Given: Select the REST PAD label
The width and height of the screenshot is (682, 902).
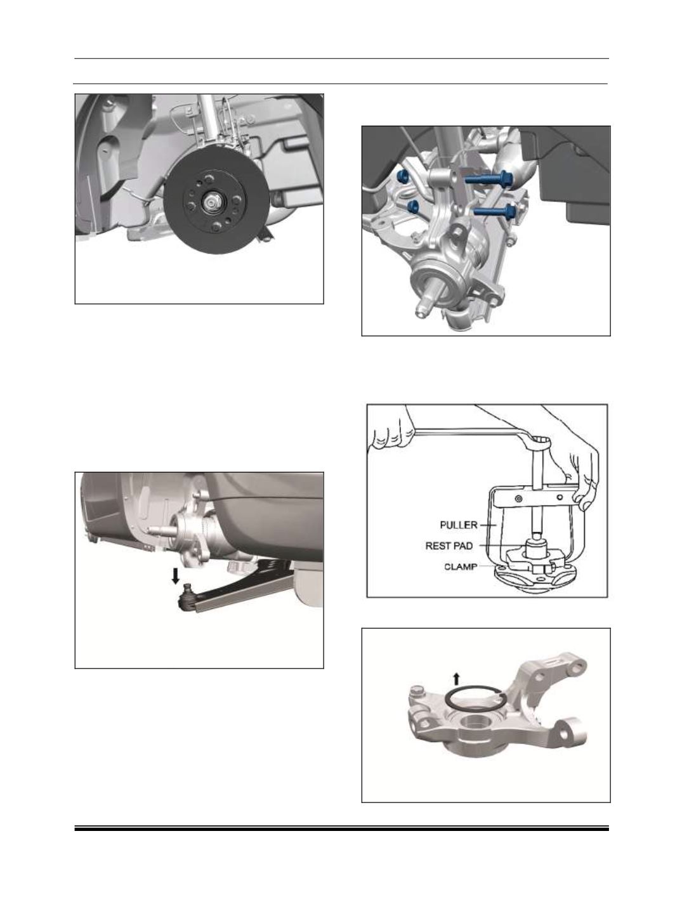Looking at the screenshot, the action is click(x=449, y=546).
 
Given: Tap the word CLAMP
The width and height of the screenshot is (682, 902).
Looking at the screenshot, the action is click(x=461, y=567).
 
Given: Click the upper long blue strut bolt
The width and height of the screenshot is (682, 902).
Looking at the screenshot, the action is click(x=488, y=179).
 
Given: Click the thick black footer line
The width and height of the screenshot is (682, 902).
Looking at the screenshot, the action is click(x=341, y=830).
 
